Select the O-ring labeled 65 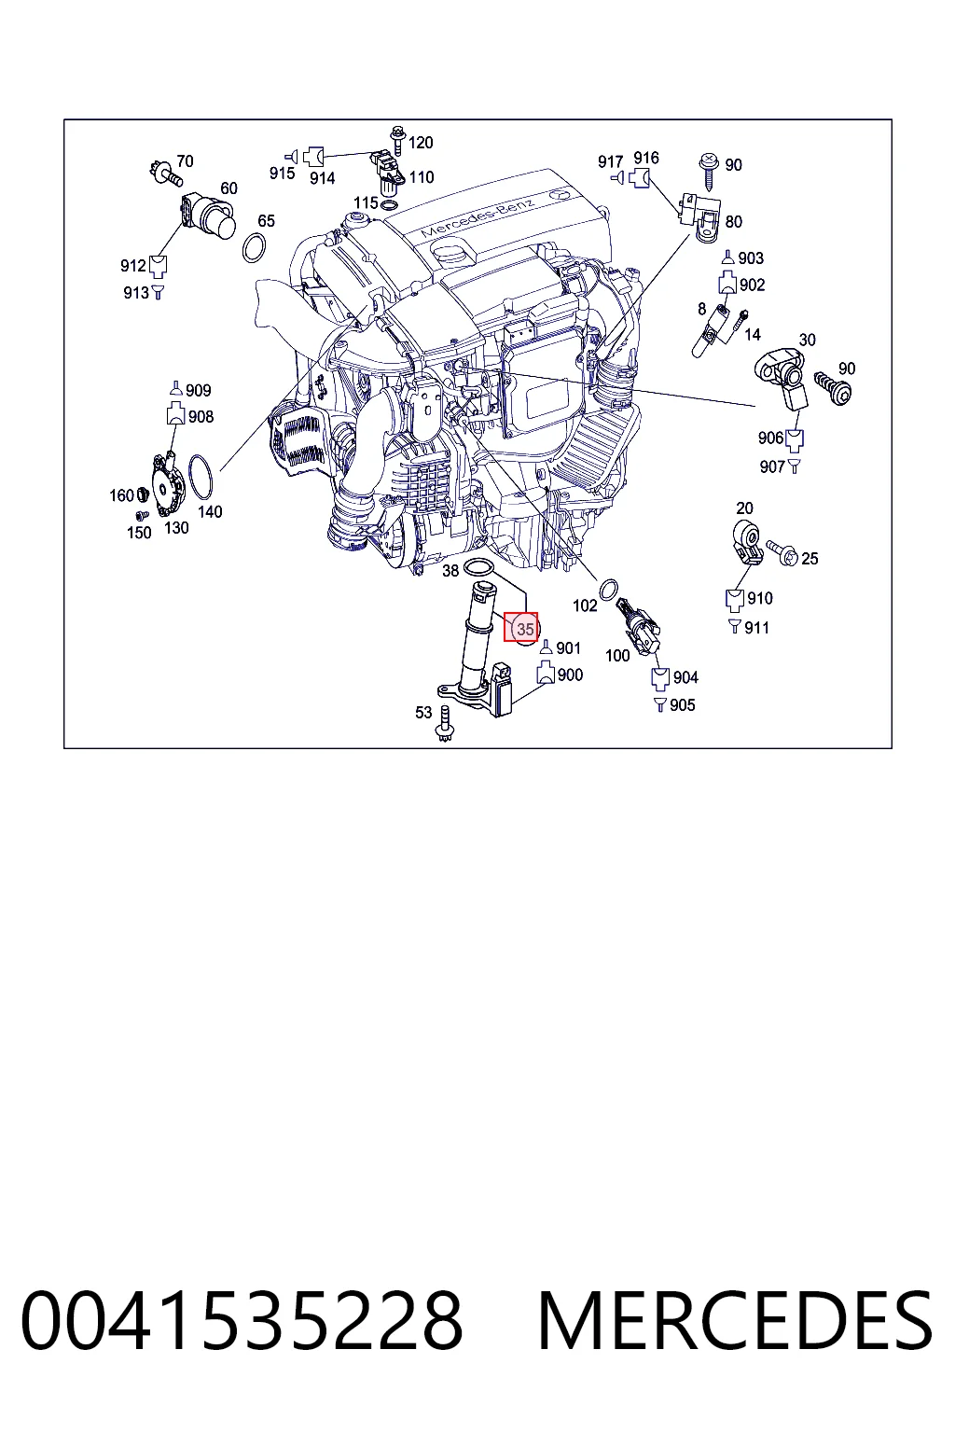[x=254, y=248]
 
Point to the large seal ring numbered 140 [x=201, y=478]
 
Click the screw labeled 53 [x=444, y=724]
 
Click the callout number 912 [x=133, y=266]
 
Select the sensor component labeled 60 [x=208, y=216]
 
